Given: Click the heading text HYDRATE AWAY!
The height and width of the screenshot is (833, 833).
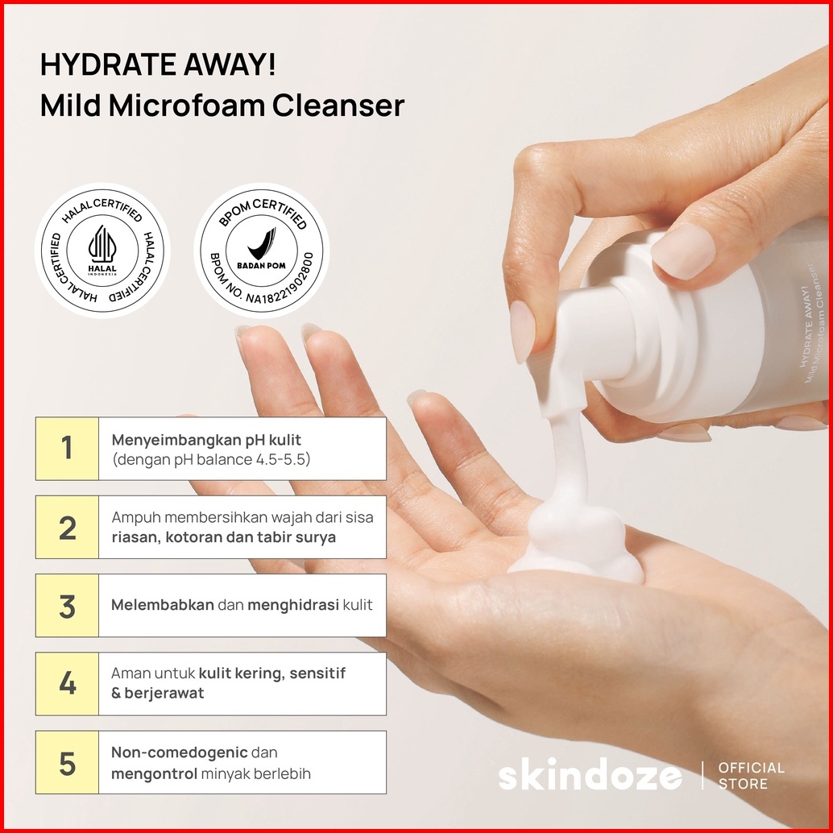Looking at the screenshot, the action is tap(158, 64).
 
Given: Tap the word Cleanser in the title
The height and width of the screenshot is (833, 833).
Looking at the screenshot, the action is tap(338, 106).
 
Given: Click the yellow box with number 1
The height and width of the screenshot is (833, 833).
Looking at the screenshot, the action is tap(67, 449).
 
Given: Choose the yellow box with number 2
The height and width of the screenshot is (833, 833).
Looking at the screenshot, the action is tap(67, 527).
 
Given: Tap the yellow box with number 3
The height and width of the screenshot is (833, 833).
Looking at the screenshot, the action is tap(67, 605).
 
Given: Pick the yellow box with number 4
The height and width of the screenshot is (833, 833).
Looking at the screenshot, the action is tap(67, 684).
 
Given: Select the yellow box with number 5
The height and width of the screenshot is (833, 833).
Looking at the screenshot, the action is tap(67, 762).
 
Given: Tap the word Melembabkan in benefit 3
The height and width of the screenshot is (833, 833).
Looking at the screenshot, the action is tap(163, 604).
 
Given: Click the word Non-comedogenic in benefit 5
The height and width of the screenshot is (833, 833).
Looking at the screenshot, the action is tap(180, 752).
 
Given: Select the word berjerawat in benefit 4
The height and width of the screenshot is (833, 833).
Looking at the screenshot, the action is tap(164, 694).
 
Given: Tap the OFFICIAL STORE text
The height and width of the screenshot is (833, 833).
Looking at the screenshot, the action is tap(751, 776).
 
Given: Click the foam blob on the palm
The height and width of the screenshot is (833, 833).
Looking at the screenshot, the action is tap(576, 547).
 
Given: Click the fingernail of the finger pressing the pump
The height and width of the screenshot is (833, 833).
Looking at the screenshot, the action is tap(683, 251).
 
